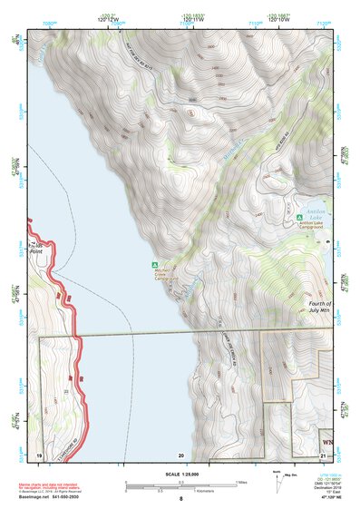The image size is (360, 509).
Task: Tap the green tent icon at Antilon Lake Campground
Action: coord(300,218)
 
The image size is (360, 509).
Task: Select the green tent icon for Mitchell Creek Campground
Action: coord(152,265)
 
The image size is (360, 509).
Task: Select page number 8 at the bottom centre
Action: coord(180,500)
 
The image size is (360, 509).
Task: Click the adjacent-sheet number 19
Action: coord(39,454)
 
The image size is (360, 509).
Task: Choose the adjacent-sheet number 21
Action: coord(323,454)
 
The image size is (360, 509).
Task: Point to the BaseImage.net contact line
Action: coord(50,497)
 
